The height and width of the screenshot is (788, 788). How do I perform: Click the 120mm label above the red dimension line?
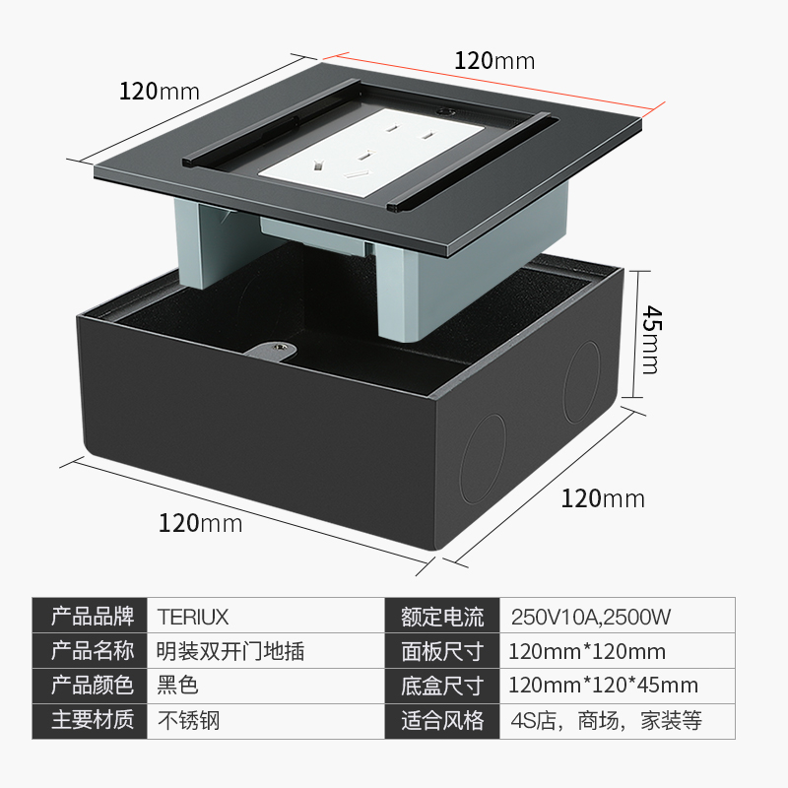(x=494, y=60)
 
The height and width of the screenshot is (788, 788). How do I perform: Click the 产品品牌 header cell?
(x=92, y=618)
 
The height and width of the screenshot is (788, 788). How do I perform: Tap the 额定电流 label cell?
(x=442, y=618)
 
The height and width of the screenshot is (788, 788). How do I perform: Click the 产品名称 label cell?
(x=92, y=651)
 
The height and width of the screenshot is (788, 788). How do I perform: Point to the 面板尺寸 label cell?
(x=442, y=651)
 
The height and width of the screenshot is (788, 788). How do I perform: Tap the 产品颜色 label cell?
(x=92, y=686)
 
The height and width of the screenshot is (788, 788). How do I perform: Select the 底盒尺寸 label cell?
(x=442, y=686)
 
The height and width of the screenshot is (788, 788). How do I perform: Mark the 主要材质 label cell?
(x=92, y=720)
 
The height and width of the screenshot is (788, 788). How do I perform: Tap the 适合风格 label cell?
(x=442, y=720)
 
